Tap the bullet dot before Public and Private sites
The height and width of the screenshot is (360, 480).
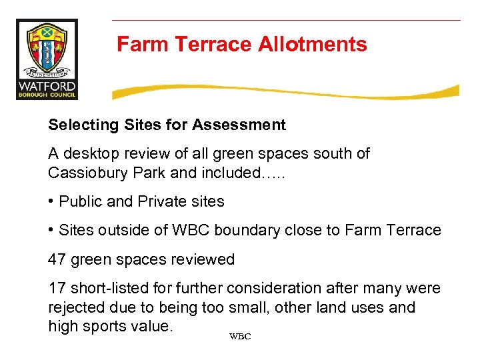click(x=51, y=201)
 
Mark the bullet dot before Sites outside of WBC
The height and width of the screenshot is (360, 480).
click(x=51, y=230)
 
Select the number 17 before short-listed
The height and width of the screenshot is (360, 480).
click(x=56, y=288)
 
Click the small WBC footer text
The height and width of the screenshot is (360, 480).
click(x=239, y=337)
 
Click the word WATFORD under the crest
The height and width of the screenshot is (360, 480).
click(x=47, y=86)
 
